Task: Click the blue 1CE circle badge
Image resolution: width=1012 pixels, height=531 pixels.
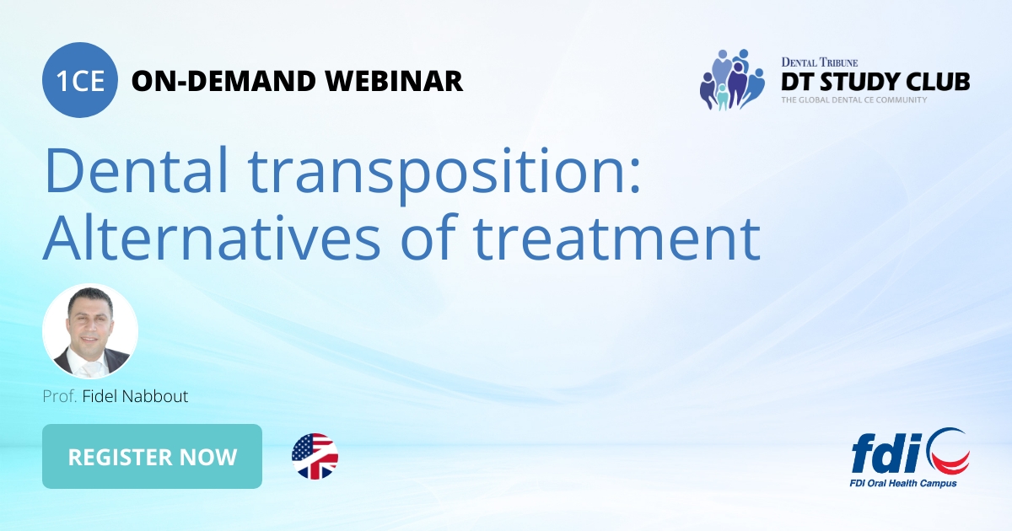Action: coord(80,80)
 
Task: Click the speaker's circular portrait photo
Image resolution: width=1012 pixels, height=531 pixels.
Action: coord(90,331)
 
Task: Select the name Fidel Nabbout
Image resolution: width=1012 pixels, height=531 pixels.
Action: coord(135,396)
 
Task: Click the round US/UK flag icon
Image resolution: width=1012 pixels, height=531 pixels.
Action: coord(315,457)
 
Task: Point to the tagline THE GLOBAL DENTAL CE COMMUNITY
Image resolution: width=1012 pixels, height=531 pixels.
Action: coord(853,100)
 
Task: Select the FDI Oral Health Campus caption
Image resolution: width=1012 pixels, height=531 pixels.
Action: coord(903,484)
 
